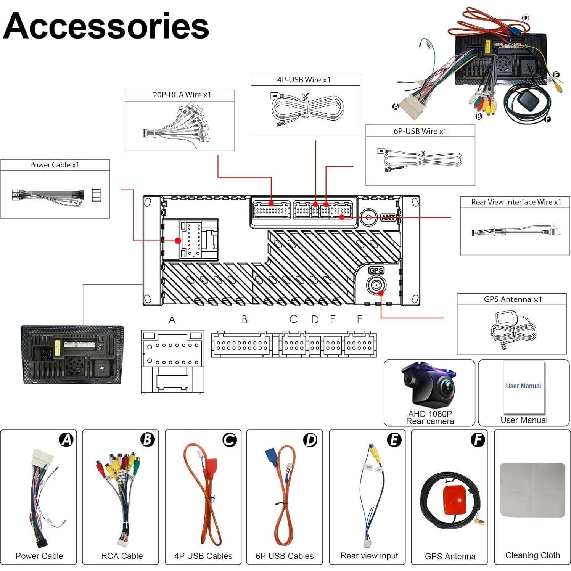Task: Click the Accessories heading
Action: click(x=106, y=26)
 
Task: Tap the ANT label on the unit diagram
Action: click(x=388, y=217)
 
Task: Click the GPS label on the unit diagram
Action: click(x=376, y=270)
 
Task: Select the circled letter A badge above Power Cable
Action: click(x=66, y=440)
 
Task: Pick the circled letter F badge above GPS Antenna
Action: click(x=478, y=440)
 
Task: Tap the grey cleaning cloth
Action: click(x=532, y=490)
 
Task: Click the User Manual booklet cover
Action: click(x=524, y=387)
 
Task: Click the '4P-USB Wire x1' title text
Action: click(x=304, y=80)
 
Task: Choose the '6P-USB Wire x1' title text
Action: click(x=420, y=131)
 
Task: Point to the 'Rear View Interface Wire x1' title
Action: click(x=516, y=202)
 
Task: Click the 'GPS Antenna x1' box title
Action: click(x=513, y=299)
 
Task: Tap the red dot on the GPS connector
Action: click(x=381, y=293)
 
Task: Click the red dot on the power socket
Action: click(x=178, y=241)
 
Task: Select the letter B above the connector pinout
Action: click(x=244, y=320)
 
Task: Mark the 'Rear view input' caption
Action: click(x=369, y=556)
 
